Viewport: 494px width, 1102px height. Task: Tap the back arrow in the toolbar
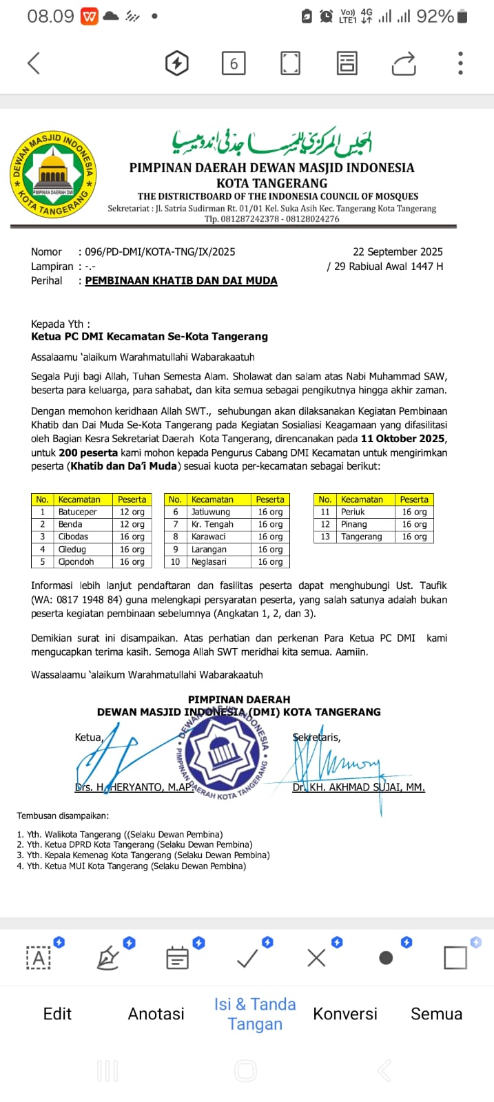(x=34, y=63)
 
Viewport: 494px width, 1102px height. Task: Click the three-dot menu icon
(x=460, y=63)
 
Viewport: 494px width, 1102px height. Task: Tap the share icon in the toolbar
(x=404, y=63)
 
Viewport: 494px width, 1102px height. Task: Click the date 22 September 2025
(x=398, y=252)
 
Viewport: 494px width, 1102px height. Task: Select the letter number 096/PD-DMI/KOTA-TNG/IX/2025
(x=160, y=252)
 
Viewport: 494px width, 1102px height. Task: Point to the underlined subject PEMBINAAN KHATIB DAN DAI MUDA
(x=181, y=281)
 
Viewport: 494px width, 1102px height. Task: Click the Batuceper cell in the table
(x=77, y=512)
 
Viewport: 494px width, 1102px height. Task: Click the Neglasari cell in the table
(x=209, y=562)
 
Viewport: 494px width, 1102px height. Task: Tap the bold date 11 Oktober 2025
(x=402, y=439)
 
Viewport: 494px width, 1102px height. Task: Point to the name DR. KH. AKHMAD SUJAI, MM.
(x=358, y=787)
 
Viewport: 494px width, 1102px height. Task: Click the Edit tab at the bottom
(x=57, y=1014)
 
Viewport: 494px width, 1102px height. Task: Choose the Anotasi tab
(x=156, y=1014)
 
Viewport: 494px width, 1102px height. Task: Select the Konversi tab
(x=345, y=1014)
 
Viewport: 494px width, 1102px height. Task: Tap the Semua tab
(x=436, y=1014)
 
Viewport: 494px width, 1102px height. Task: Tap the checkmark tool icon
(x=247, y=957)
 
